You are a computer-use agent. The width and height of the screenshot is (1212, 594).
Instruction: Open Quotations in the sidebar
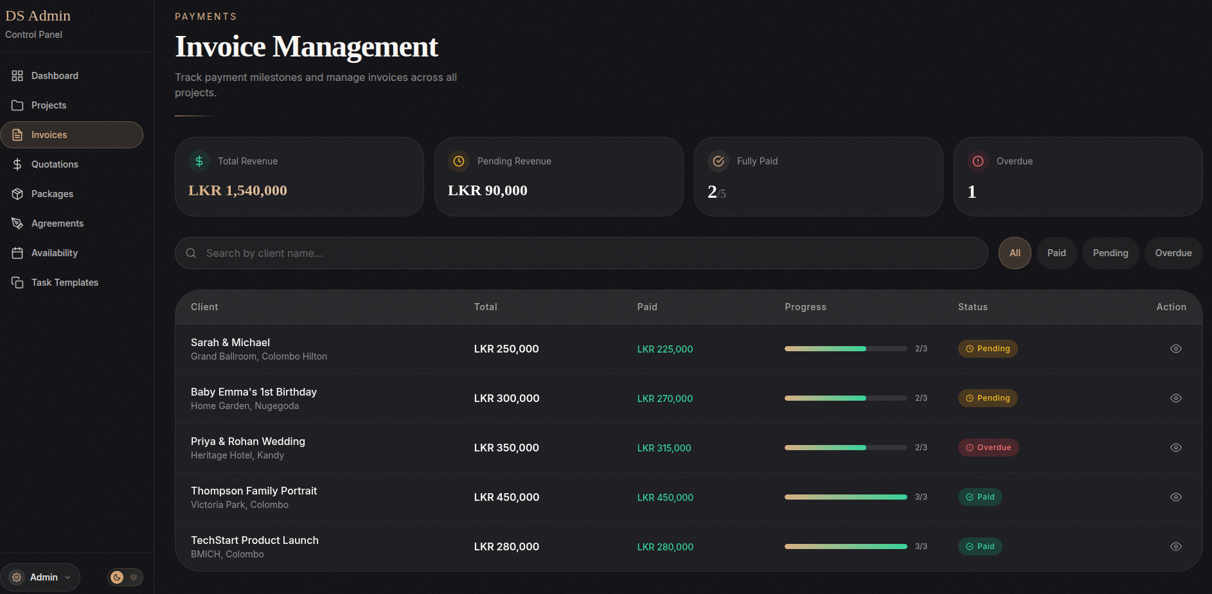[54, 164]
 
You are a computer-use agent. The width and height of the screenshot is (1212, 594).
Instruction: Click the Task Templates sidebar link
[64, 283]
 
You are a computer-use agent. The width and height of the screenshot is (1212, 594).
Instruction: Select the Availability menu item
[54, 253]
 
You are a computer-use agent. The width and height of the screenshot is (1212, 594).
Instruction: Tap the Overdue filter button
[1173, 253]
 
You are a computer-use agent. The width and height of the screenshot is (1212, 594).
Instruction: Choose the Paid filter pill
[1056, 253]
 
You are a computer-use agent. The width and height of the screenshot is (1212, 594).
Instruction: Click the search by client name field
[578, 253]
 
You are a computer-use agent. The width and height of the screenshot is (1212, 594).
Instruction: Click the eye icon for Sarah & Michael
[1175, 349]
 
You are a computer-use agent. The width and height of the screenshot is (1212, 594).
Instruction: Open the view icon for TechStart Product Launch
[1175, 546]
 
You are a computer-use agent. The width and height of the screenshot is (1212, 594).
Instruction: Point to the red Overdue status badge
[988, 448]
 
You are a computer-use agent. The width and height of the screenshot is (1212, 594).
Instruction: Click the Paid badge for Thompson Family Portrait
[979, 497]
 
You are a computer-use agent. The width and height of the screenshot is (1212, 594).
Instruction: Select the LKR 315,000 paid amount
[664, 448]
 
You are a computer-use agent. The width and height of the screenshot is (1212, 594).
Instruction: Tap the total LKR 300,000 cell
[506, 399]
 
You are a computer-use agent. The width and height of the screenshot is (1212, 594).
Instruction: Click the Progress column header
[805, 307]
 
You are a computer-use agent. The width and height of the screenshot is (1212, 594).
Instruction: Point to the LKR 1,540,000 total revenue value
[237, 191]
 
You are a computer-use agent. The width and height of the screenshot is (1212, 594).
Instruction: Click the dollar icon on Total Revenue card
[199, 161]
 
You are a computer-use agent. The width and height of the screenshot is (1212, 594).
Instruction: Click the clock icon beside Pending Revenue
[459, 161]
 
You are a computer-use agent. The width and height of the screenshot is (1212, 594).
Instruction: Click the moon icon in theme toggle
[117, 577]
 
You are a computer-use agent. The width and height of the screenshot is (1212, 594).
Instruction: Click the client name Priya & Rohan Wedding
[247, 441]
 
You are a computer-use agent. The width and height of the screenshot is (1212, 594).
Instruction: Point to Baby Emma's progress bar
[845, 398]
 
